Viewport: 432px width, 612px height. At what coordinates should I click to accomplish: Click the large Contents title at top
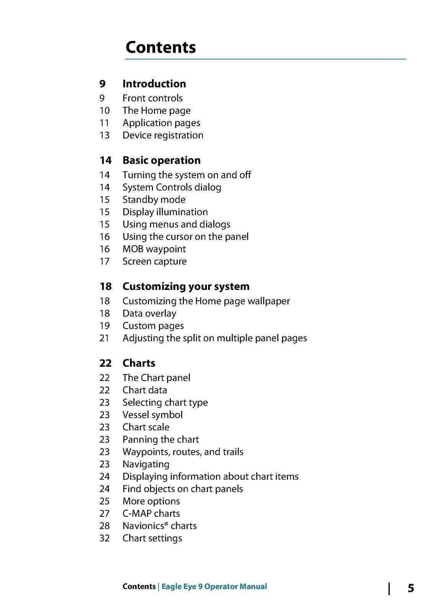click(x=160, y=47)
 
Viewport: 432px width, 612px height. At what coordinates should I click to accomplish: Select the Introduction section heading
click(x=154, y=83)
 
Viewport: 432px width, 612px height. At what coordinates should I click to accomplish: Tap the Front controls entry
click(x=152, y=98)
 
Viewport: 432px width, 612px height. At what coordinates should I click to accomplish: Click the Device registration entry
click(x=163, y=135)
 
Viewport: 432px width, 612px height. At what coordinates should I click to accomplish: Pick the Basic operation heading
click(x=161, y=160)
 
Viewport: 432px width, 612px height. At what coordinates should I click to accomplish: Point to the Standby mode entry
click(x=154, y=200)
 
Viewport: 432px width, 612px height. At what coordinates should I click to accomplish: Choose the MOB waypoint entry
click(x=154, y=249)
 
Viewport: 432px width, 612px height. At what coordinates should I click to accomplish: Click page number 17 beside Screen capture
click(x=105, y=262)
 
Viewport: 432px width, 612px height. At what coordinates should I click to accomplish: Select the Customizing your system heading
click(x=186, y=286)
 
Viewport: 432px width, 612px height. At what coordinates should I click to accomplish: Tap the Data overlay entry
click(x=149, y=314)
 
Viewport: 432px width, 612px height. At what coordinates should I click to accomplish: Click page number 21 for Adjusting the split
click(x=105, y=339)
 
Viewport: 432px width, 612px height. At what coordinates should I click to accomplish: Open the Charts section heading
click(x=139, y=363)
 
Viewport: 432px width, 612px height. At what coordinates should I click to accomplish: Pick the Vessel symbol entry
click(x=152, y=415)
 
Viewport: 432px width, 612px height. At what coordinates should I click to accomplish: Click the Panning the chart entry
click(x=160, y=439)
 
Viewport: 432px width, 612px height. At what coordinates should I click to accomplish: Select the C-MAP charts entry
click(x=151, y=514)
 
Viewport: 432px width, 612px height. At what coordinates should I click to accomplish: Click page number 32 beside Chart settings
click(x=105, y=539)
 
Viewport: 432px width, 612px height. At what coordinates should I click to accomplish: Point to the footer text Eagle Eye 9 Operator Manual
click(x=214, y=586)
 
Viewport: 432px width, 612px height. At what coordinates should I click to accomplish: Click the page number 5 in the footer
click(x=411, y=588)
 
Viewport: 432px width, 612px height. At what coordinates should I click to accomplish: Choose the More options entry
click(x=151, y=501)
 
